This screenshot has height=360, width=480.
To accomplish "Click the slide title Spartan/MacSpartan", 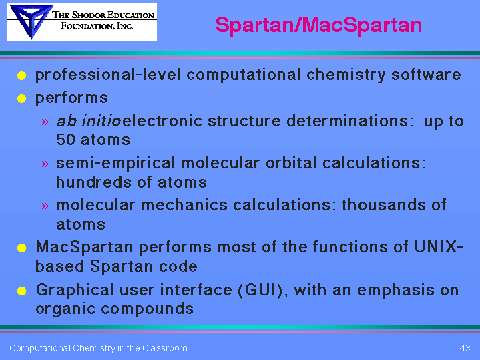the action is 318,25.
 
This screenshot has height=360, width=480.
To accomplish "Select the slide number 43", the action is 465,348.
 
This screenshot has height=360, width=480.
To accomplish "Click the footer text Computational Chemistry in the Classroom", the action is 98,349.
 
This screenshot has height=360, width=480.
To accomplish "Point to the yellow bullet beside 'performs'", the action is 22,99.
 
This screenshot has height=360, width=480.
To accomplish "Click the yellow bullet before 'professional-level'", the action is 22,75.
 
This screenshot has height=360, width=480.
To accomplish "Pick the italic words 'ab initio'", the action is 89,121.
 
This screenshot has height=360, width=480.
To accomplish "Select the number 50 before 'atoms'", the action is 65,140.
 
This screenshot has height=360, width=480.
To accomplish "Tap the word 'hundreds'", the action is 93,182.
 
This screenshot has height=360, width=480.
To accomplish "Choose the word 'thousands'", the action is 384,204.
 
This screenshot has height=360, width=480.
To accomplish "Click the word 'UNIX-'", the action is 439,246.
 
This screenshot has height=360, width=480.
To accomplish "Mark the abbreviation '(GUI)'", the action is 263,290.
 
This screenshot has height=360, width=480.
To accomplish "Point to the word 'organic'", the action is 66,309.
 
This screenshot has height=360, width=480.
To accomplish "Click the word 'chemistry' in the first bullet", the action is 346,75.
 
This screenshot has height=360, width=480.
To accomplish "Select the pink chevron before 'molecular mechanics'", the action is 45,206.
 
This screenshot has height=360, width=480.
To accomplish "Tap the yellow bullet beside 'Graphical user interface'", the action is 22,291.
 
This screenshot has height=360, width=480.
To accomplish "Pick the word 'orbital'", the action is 291,163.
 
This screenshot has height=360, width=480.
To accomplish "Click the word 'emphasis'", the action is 395,291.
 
